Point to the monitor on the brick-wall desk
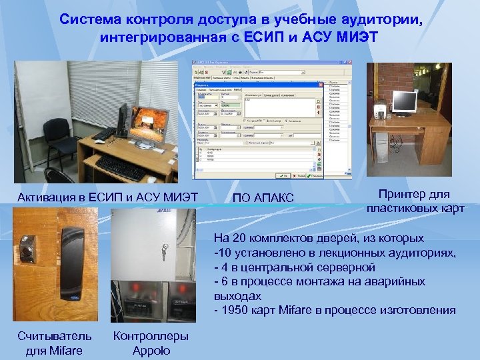coord(404,102)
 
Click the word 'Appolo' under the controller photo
coord(151,351)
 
